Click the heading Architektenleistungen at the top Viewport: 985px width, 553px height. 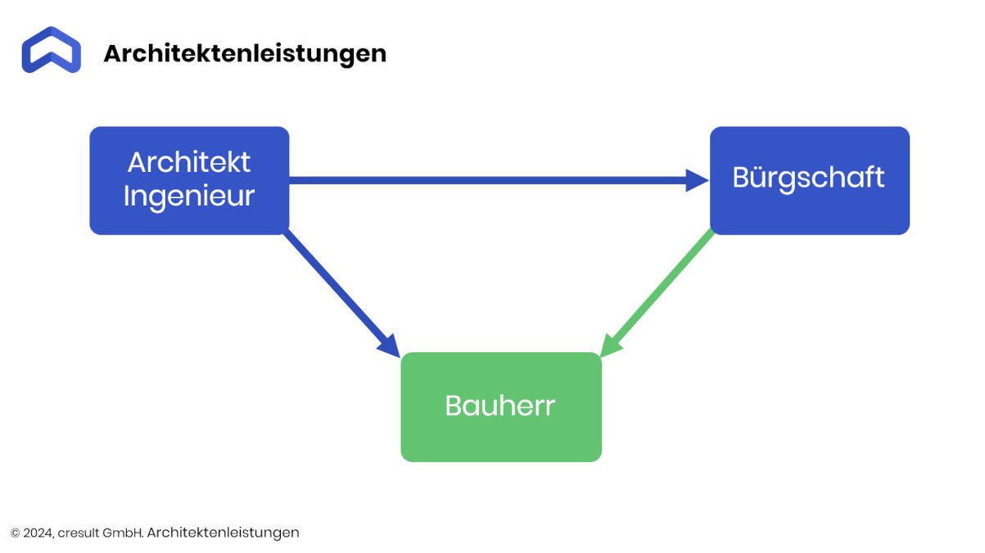245,54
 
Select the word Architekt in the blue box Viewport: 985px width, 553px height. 189,162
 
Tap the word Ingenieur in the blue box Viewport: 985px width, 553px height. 189,196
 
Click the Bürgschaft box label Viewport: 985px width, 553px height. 809,178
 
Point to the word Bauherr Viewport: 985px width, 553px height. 500,406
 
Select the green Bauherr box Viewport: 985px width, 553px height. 501,407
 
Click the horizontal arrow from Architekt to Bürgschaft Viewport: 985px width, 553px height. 499,180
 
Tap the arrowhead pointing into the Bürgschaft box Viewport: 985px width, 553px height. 697,180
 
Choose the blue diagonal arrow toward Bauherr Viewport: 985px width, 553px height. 341,294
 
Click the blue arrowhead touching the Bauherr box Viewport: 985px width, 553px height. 390,347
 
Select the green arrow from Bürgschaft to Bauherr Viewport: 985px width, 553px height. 657,293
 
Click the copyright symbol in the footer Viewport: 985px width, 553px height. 16,533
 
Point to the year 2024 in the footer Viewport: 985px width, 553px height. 38,533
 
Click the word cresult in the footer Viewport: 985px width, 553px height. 79,533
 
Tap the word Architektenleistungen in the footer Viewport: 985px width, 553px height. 223,533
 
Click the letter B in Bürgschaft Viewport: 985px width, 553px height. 741,177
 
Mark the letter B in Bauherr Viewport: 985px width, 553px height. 454,406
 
